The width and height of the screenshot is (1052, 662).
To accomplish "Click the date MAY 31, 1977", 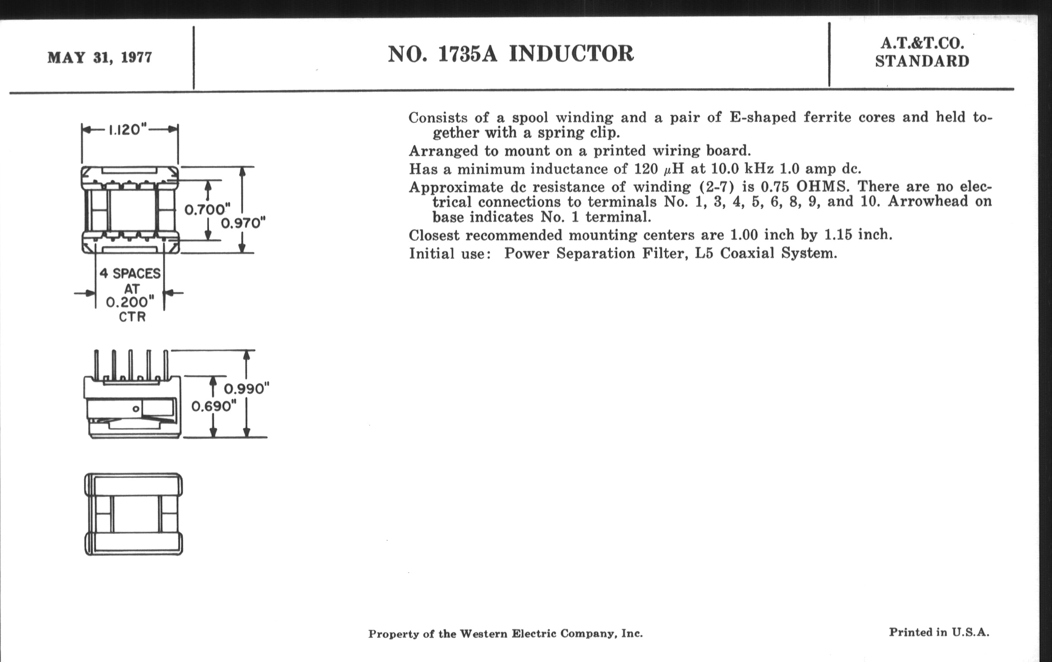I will [99, 58].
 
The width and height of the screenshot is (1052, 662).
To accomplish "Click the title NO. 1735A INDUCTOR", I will [510, 54].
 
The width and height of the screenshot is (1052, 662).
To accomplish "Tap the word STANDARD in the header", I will [922, 61].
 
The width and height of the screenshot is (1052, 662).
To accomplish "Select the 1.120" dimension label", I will [127, 130].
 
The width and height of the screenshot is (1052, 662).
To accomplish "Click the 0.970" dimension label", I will [244, 223].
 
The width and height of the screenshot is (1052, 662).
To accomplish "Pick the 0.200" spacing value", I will [130, 302].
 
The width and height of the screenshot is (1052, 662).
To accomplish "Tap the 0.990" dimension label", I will [247, 389].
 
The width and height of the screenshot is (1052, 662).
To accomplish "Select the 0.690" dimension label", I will [214, 406].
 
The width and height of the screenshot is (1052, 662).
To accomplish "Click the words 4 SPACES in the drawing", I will [130, 273].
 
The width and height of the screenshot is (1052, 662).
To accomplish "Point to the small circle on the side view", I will [136, 409].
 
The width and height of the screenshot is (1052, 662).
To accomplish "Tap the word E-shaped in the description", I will [763, 118].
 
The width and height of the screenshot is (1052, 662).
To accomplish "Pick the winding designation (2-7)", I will [716, 187].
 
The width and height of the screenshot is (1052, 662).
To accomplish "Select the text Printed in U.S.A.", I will [939, 632].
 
